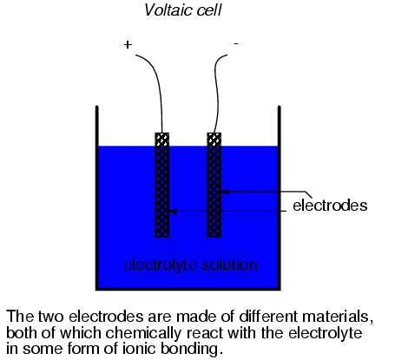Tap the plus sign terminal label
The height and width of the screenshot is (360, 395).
[128, 44]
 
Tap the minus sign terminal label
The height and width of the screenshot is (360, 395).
[236, 43]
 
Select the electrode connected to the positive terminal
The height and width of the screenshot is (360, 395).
[162, 185]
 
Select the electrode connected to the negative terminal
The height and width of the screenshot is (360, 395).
[214, 185]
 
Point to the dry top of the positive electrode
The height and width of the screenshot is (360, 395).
[162, 140]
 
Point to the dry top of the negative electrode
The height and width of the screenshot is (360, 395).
[214, 140]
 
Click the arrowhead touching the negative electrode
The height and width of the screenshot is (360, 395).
[225, 192]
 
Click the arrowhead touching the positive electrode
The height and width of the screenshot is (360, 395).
[173, 211]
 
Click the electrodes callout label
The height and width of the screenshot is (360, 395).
[330, 206]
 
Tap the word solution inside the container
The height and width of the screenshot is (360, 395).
[229, 264]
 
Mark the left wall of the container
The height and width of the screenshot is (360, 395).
[97, 198]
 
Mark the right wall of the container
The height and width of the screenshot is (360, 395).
[280, 198]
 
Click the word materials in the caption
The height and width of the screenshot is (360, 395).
[335, 317]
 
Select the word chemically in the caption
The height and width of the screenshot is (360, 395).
[144, 333]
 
